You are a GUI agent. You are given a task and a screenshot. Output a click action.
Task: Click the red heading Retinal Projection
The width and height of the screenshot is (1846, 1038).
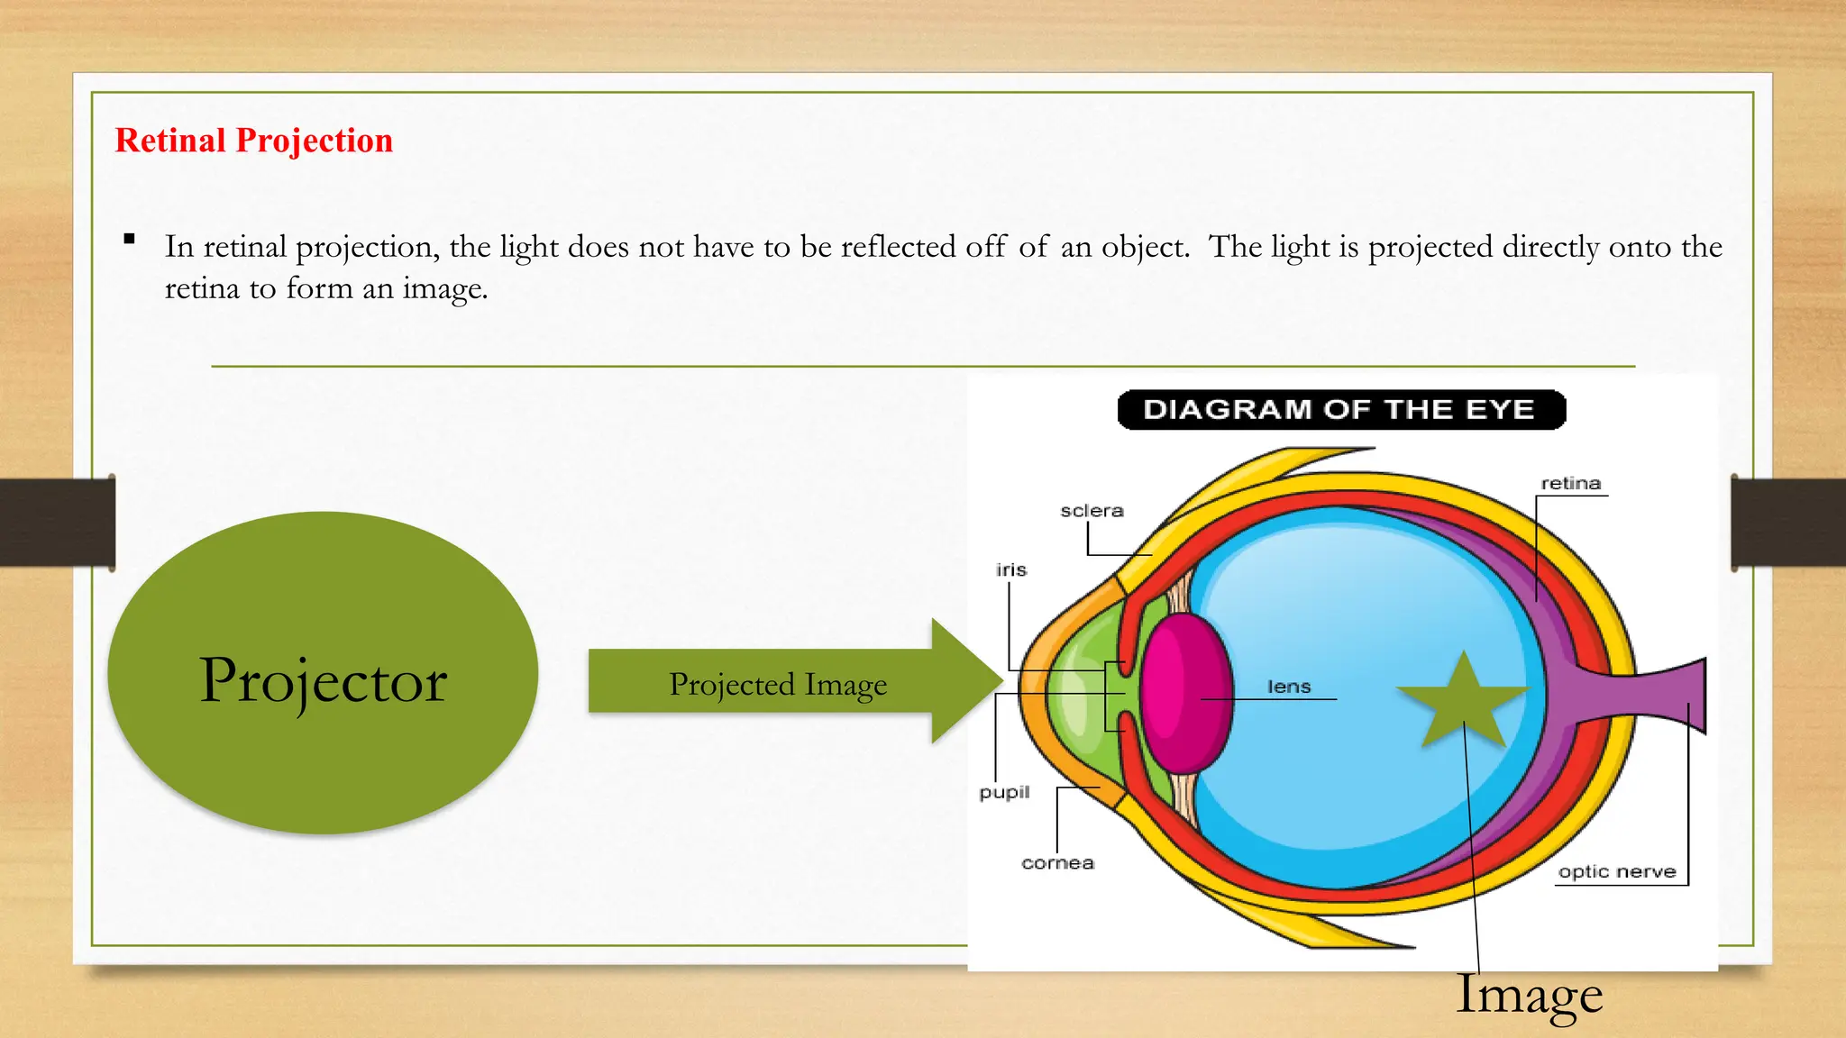pyautogui.click(x=253, y=141)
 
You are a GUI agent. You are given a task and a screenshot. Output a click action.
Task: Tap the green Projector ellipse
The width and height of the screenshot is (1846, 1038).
pyautogui.click(x=323, y=673)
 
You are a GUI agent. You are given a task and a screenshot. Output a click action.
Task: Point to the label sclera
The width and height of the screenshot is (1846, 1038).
pyautogui.click(x=1092, y=511)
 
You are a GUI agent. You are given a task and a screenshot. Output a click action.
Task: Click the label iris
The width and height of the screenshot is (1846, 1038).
pyautogui.click(x=1010, y=569)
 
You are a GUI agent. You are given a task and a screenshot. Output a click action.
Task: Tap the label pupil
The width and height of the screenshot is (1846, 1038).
pyautogui.click(x=1004, y=792)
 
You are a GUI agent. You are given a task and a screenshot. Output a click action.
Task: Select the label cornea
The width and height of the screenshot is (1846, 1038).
pyautogui.click(x=1057, y=863)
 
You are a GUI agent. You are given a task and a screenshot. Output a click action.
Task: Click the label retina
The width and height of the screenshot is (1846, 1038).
pyautogui.click(x=1570, y=483)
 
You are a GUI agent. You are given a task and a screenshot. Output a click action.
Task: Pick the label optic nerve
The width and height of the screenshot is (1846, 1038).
pyautogui.click(x=1617, y=872)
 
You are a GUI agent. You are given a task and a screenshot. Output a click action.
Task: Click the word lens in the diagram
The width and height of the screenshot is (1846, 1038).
pyautogui.click(x=1289, y=687)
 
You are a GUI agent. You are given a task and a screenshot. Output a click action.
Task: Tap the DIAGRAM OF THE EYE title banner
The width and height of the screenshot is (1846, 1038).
pyautogui.click(x=1340, y=410)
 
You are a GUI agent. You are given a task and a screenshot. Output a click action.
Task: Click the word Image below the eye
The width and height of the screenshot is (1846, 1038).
pyautogui.click(x=1530, y=996)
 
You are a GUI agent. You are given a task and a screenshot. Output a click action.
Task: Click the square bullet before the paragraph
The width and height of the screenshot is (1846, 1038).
pyautogui.click(x=130, y=240)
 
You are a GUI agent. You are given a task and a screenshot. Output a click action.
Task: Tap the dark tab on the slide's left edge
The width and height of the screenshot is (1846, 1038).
pyautogui.click(x=57, y=523)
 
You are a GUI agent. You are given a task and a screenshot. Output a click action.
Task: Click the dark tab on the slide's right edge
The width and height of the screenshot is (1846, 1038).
pyautogui.click(x=1788, y=523)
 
